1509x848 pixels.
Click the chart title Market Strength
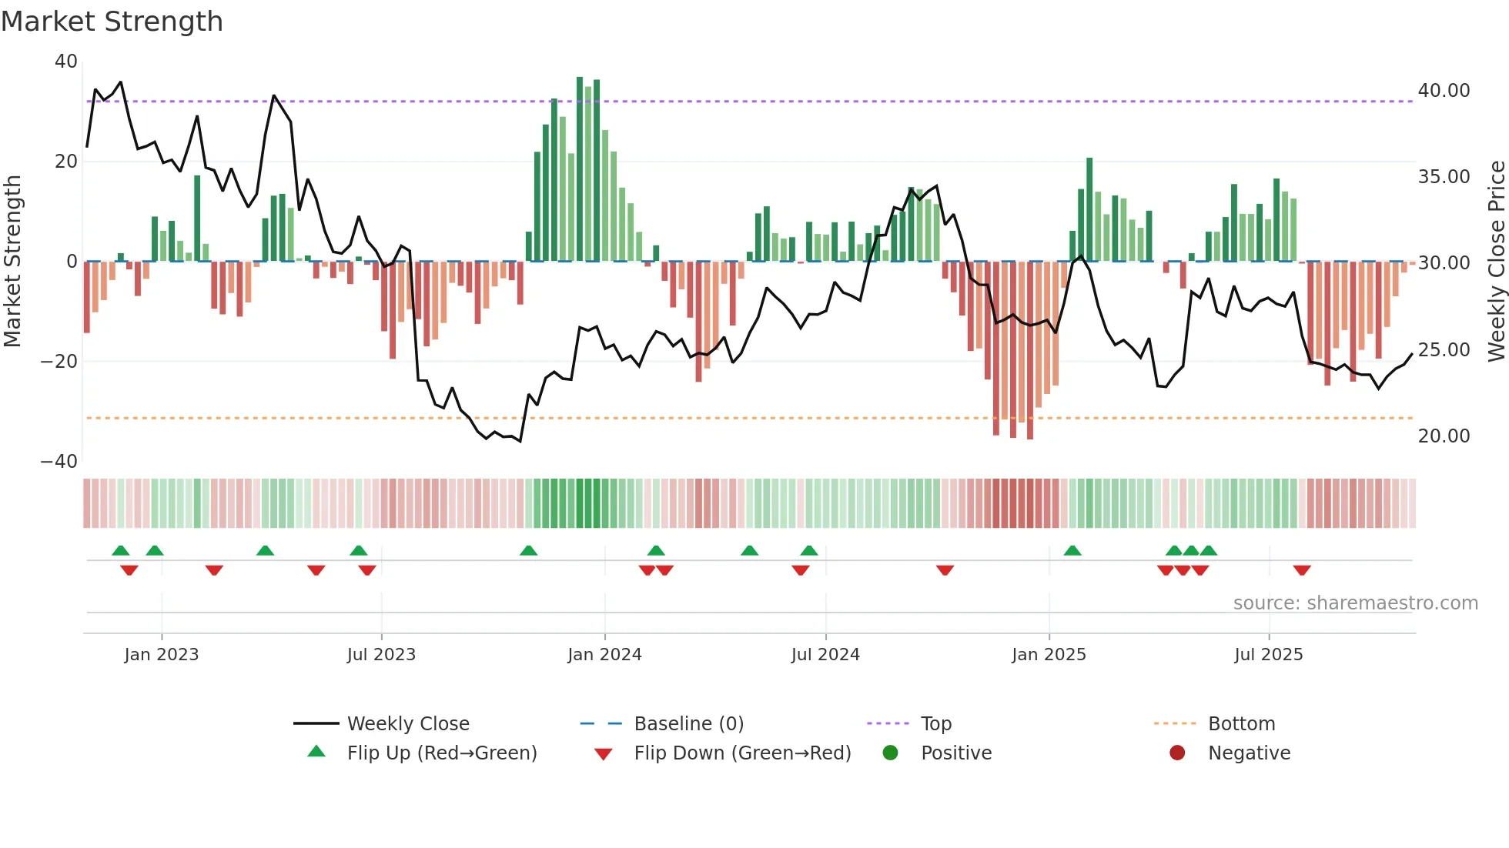(x=112, y=22)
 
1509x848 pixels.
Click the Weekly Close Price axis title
(x=1496, y=261)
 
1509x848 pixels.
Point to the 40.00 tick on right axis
(x=1444, y=91)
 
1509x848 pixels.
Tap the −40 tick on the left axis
(x=59, y=462)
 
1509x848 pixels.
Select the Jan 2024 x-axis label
(x=604, y=655)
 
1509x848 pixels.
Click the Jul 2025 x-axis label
(x=1268, y=655)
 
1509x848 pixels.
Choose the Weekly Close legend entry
(x=407, y=724)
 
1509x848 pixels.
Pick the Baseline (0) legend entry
(x=688, y=724)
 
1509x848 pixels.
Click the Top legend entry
(x=935, y=724)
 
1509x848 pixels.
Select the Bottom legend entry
(x=1241, y=724)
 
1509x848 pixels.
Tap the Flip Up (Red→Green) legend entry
(x=441, y=753)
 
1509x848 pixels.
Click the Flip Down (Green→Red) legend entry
(x=742, y=753)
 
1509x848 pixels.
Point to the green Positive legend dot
(x=891, y=753)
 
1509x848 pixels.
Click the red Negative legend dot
(x=1177, y=753)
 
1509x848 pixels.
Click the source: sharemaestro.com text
(x=1355, y=603)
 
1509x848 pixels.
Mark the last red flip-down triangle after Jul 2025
(x=1302, y=570)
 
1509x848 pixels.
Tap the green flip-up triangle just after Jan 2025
(x=1072, y=550)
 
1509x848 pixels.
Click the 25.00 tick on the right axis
(x=1444, y=350)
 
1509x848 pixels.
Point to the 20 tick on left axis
(x=66, y=162)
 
